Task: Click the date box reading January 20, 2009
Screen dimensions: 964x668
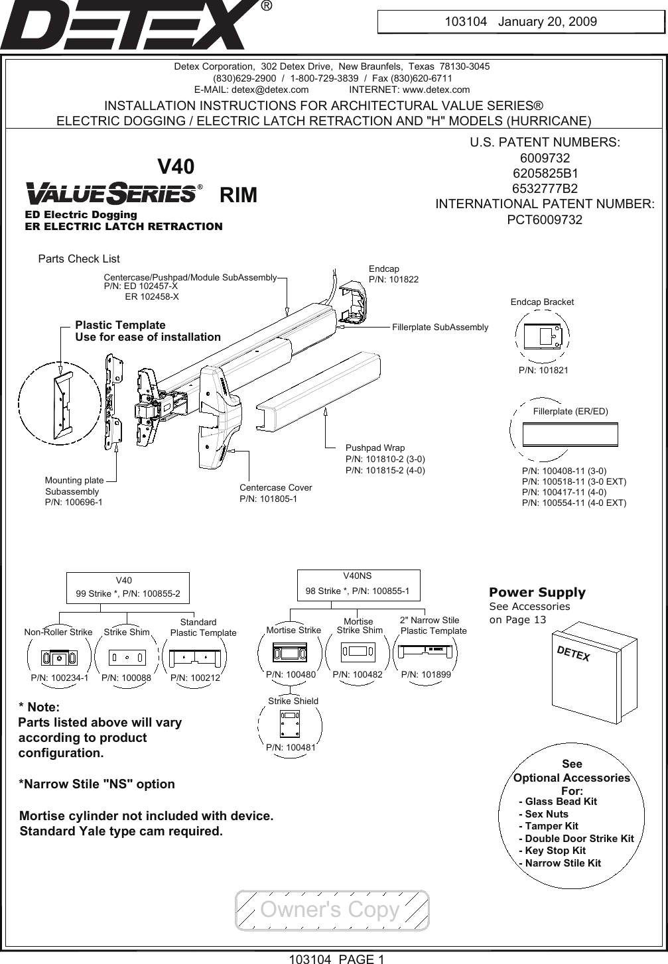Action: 520,21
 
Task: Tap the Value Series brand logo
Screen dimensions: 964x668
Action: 113,194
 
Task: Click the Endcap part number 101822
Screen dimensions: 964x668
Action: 393,280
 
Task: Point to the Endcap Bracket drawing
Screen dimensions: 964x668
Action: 543,336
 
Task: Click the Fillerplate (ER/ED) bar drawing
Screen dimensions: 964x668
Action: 570,434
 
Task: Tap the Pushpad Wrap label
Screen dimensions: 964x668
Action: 375,448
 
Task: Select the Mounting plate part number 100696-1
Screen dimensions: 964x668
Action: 73,503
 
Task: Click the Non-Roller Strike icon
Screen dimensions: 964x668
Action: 59,657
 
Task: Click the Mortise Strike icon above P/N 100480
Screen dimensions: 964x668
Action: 289,653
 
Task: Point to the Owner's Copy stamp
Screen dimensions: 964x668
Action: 331,910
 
